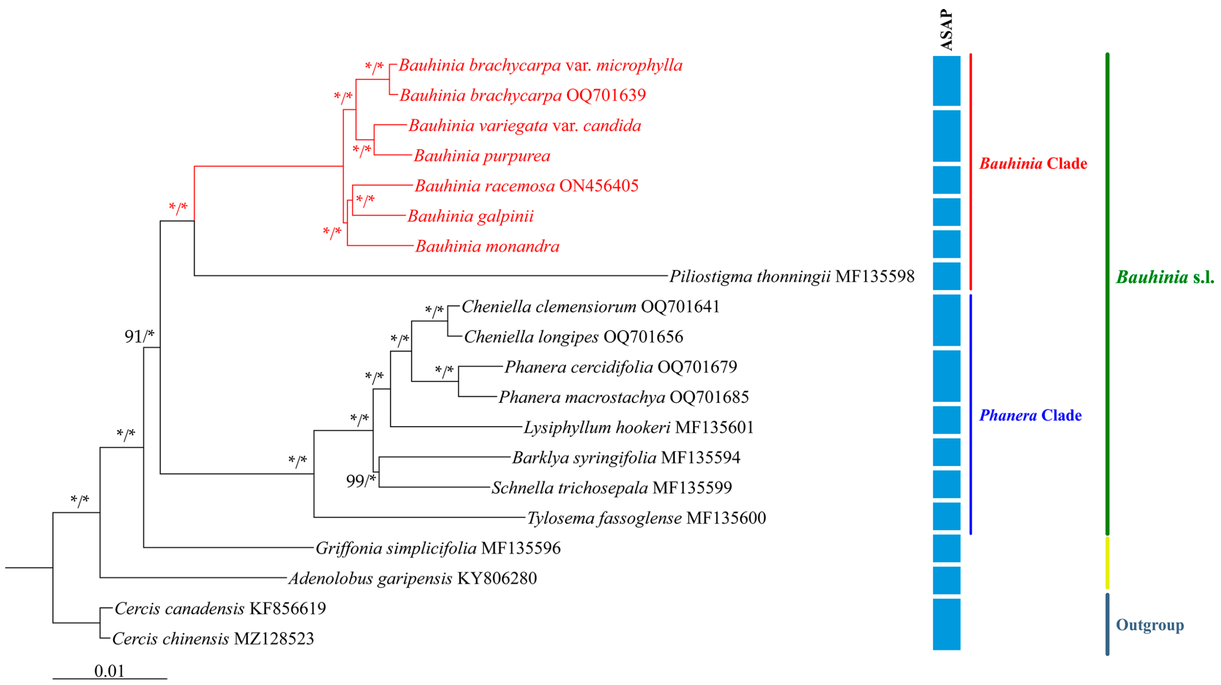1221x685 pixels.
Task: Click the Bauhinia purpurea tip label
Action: [482, 156]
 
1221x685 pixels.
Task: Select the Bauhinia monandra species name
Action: [487, 247]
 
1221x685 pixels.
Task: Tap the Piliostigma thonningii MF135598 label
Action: [792, 276]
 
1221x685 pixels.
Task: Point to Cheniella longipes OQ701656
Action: [574, 337]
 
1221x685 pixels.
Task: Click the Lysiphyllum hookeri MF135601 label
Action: [638, 427]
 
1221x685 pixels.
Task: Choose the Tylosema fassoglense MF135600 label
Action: [647, 518]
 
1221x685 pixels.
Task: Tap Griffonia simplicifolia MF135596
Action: [438, 548]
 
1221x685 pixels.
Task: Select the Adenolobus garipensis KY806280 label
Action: [413, 578]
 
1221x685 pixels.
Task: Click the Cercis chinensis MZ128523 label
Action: [213, 639]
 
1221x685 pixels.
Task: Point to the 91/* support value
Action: [139, 336]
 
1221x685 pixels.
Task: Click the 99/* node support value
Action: [361, 481]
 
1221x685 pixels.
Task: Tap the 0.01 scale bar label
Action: [110, 671]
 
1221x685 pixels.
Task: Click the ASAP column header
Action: [946, 29]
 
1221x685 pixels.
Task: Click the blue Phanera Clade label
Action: [1030, 415]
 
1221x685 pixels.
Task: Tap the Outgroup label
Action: [1150, 625]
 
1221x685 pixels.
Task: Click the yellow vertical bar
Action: [1107, 563]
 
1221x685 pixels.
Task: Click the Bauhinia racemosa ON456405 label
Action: [526, 186]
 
